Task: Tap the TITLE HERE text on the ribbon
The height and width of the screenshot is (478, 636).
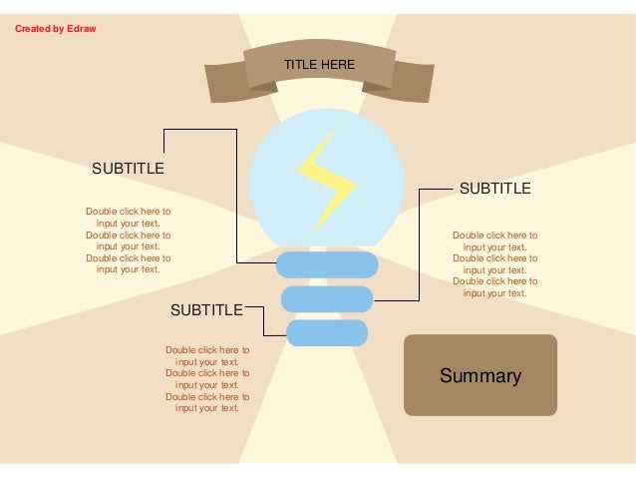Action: [319, 65]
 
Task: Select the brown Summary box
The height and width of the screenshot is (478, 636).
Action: [479, 374]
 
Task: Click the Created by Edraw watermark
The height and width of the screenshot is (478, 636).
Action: [55, 28]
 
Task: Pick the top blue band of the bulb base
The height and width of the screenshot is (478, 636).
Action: [327, 264]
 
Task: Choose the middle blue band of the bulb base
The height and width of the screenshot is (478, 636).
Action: [327, 297]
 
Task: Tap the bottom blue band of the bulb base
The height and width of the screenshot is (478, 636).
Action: [325, 331]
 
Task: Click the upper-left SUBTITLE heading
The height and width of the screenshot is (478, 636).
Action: [129, 168]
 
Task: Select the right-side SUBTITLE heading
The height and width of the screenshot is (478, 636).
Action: [494, 188]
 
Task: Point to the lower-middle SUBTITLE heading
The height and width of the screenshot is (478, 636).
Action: [206, 310]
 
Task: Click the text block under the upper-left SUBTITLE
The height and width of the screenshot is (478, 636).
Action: [128, 240]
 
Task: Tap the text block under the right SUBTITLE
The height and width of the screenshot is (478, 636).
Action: [494, 264]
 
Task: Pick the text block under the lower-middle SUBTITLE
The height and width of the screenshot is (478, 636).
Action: [207, 379]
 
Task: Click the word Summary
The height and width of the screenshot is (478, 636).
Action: [480, 376]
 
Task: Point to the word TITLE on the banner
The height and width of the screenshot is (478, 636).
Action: [299, 65]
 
